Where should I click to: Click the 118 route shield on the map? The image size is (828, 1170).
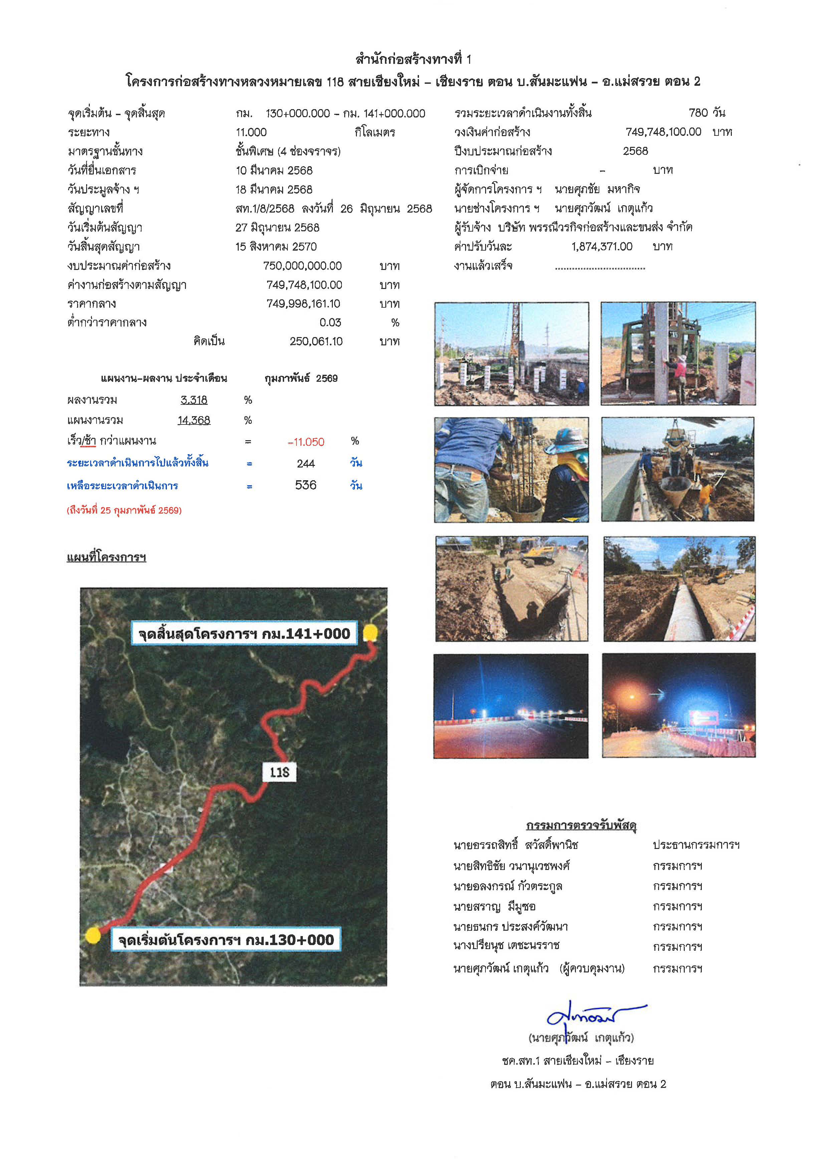(279, 772)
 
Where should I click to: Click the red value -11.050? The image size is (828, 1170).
(306, 442)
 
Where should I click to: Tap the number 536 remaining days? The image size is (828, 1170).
(305, 485)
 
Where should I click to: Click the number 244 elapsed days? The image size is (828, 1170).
(305, 463)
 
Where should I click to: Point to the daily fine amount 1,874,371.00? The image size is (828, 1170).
(602, 247)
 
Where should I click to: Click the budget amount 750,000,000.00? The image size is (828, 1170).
(302, 266)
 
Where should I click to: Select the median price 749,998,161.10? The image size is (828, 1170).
(303, 304)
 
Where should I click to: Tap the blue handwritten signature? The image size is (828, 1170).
(586, 1017)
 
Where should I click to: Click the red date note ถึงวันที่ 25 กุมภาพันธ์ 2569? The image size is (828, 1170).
(124, 510)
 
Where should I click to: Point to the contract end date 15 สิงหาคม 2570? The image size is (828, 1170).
(276, 247)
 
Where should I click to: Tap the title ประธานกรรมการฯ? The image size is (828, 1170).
(696, 845)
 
